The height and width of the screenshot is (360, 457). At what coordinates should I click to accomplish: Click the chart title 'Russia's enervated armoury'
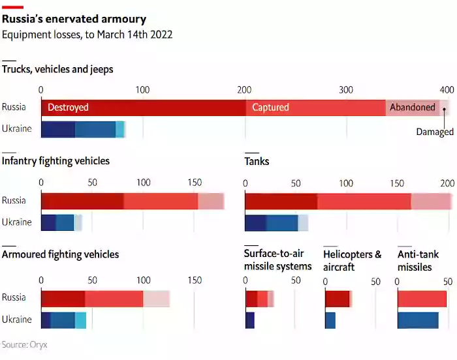tap(74, 20)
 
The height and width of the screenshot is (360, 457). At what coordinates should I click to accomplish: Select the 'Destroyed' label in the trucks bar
tap(68, 107)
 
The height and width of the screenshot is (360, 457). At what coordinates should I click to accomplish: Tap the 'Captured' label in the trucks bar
tap(270, 107)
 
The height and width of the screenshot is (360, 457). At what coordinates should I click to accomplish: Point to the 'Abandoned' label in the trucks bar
tap(412, 107)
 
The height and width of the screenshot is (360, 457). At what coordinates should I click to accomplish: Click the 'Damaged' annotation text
tap(435, 132)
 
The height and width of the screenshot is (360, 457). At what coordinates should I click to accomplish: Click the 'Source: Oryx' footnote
tap(24, 344)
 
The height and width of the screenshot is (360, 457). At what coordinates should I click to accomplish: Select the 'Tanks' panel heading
tap(257, 161)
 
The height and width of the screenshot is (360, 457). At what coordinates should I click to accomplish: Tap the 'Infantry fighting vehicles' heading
tap(56, 161)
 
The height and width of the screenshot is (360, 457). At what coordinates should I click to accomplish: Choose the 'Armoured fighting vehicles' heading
tap(61, 254)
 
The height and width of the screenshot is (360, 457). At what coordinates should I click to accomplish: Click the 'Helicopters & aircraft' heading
tap(353, 260)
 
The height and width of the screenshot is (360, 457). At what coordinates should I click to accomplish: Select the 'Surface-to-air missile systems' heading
tap(277, 260)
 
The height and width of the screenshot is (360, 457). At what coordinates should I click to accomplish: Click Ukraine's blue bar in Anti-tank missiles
tap(418, 320)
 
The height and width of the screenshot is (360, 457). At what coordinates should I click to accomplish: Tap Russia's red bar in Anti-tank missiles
tap(422, 298)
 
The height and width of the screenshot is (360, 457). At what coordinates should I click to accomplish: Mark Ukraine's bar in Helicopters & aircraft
tap(330, 320)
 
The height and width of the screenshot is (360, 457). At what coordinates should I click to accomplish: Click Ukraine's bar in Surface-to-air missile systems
tap(249, 320)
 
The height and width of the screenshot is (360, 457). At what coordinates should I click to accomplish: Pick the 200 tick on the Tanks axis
tap(447, 183)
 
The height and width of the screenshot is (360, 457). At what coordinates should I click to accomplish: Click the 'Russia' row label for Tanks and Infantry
tap(14, 200)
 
